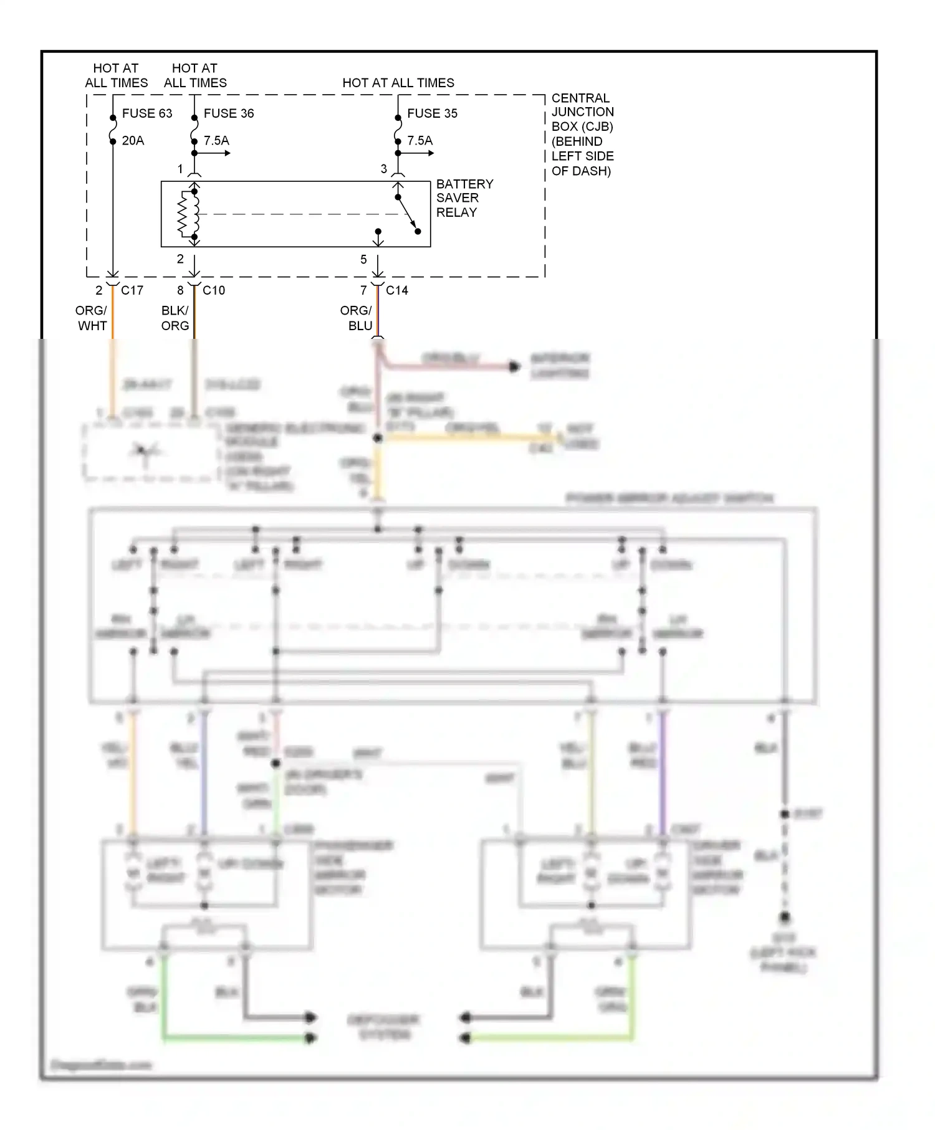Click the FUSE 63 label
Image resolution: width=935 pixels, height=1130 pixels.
click(146, 113)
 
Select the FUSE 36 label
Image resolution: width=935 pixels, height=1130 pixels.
click(228, 113)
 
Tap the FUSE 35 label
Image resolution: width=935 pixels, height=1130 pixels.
click(432, 113)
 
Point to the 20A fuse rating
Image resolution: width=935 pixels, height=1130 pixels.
click(133, 141)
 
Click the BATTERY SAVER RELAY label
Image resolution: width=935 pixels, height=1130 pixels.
click(464, 198)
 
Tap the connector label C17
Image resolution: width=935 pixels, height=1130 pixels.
click(132, 290)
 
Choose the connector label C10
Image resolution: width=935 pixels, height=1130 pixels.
click(214, 290)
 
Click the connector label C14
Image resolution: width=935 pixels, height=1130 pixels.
click(397, 290)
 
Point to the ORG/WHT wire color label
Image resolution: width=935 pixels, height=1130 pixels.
click(92, 318)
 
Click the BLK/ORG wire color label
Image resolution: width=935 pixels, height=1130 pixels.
click(175, 318)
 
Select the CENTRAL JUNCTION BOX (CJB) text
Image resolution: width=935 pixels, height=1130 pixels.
click(582, 134)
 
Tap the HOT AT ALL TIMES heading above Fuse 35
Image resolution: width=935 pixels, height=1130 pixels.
click(398, 83)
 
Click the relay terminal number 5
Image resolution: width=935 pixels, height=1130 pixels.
click(363, 260)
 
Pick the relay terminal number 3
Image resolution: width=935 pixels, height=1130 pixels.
click(384, 169)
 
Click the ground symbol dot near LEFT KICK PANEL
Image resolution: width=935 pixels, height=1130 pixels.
click(785, 918)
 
